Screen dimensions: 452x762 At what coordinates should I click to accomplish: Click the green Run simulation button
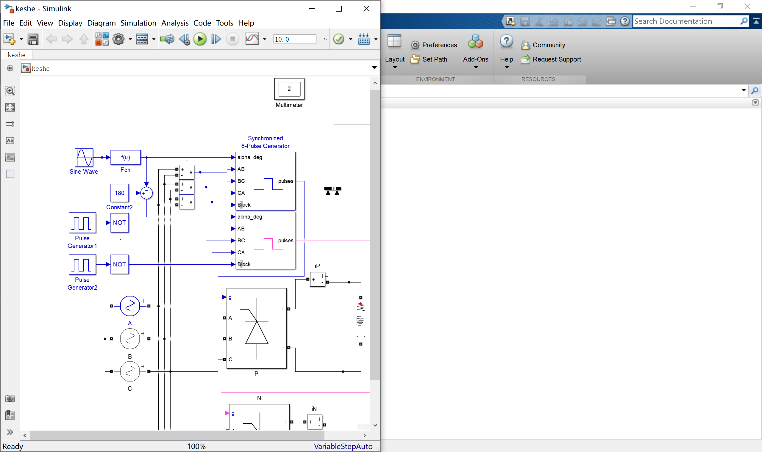(x=200, y=39)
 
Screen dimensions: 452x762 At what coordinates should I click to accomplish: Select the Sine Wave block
(x=84, y=158)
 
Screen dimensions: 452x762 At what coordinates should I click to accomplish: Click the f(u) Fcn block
(x=126, y=158)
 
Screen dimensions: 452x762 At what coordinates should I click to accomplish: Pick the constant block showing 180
(x=119, y=193)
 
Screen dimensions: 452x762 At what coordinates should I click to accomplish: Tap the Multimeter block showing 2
(x=289, y=89)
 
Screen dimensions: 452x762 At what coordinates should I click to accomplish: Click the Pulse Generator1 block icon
(x=82, y=223)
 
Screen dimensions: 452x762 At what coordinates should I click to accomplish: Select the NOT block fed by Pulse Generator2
(x=119, y=264)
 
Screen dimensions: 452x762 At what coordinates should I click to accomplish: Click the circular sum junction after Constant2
(x=146, y=193)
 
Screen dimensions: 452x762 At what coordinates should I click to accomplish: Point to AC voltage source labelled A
(x=130, y=306)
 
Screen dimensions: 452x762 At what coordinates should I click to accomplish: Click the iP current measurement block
(x=317, y=279)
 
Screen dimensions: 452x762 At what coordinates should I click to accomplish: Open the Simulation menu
(x=138, y=23)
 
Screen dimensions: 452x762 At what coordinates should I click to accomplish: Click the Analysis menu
(x=175, y=23)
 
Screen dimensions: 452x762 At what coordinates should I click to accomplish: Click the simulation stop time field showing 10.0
(x=294, y=39)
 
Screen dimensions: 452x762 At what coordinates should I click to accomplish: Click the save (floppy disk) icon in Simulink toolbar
(x=33, y=39)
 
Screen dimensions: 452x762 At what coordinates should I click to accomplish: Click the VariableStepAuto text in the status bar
(x=343, y=447)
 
